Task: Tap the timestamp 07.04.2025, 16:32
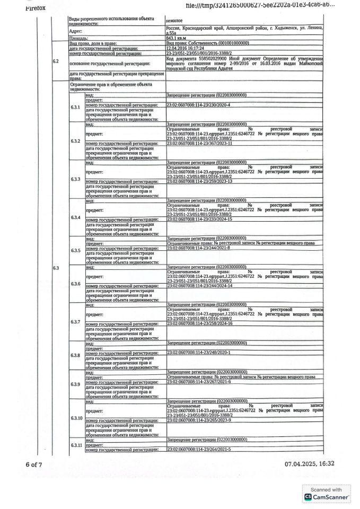(x=310, y=464)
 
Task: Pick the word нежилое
(x=175, y=20)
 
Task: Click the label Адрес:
(x=76, y=31)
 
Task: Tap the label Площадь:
(x=78, y=39)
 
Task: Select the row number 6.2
(x=56, y=62)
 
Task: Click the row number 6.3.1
(x=75, y=107)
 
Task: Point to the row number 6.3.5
(x=75, y=250)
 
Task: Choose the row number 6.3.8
(x=75, y=370)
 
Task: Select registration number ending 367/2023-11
(x=200, y=143)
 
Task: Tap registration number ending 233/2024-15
(x=200, y=218)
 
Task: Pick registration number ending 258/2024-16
(x=200, y=323)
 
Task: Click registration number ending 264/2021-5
(x=199, y=449)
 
